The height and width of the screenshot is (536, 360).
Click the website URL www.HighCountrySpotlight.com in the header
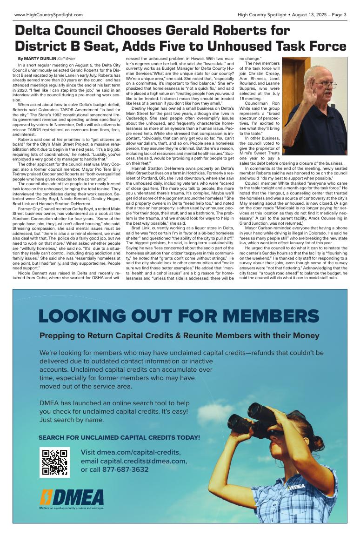[48, 15]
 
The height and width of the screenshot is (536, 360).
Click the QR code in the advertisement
[54, 462]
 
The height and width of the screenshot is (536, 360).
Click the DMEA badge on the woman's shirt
[296, 487]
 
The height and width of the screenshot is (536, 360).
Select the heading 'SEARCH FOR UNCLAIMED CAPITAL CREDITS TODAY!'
[119, 438]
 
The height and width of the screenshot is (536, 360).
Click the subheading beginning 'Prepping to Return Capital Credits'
[180, 336]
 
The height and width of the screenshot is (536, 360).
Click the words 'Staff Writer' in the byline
[66, 58]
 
